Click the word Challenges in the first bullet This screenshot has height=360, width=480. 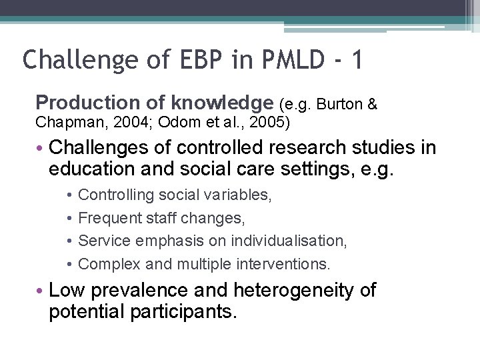(97, 147)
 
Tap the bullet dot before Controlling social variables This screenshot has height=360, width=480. (70, 195)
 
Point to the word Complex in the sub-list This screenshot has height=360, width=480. (106, 264)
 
